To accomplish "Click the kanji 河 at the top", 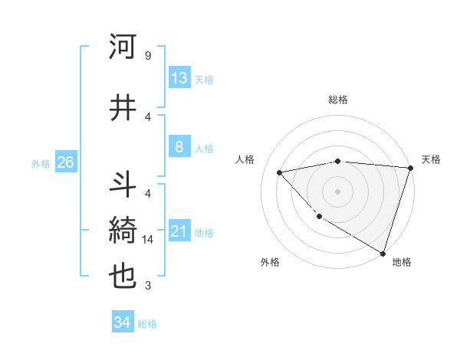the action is [123, 47].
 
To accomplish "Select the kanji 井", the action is [123, 108].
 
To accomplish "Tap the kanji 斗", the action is [123, 186].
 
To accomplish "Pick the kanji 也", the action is [123, 277].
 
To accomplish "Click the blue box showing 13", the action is [179, 78].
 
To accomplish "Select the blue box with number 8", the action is [179, 147].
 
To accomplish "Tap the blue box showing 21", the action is [179, 231].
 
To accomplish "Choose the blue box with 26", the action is [65, 162].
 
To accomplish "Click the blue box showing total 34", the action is [123, 322].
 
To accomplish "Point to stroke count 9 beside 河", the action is [147, 56].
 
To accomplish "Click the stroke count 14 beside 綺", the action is [149, 240].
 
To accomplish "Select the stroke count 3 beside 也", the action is [147, 286].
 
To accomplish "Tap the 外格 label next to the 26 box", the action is [41, 163].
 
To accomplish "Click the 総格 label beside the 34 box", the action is [147, 323].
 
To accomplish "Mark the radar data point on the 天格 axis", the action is [410, 168].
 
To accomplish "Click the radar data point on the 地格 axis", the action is [382, 252].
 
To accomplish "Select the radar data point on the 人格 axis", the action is [280, 172].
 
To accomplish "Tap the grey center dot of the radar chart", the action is [337, 191].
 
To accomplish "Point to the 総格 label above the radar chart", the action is [337, 100].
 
